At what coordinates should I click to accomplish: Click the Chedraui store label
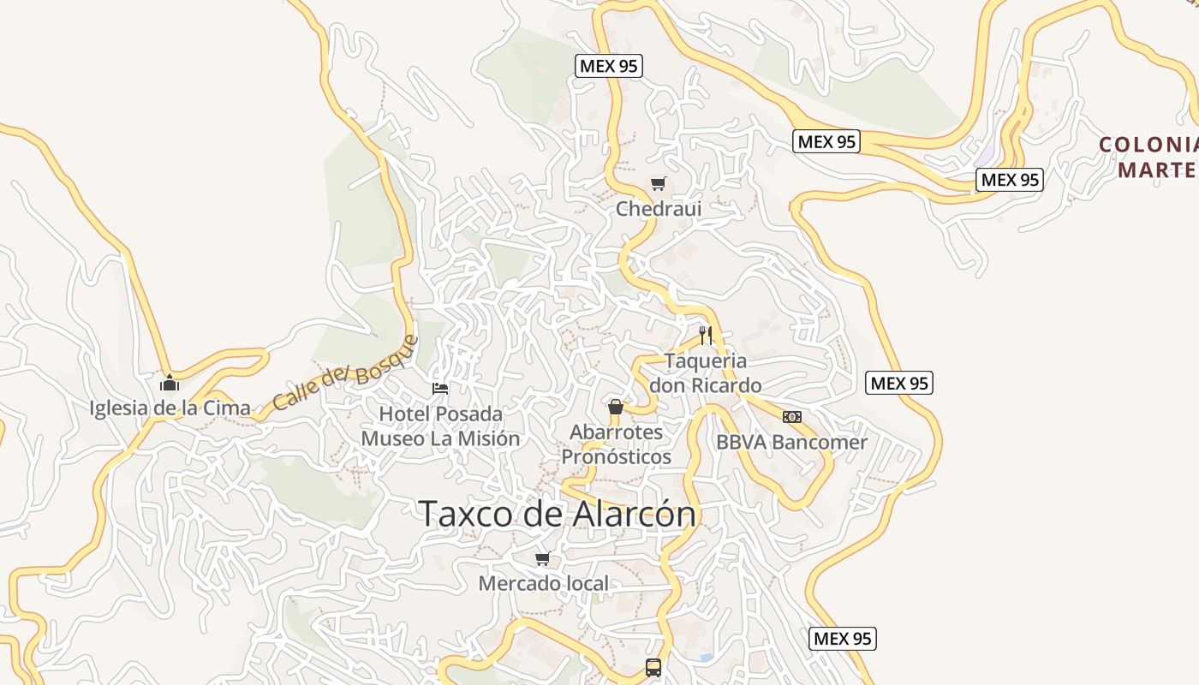[x=659, y=209]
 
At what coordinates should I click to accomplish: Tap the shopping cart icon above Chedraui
[x=658, y=183]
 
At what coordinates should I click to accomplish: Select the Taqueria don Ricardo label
[x=705, y=373]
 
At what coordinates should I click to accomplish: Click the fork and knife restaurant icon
[x=706, y=335]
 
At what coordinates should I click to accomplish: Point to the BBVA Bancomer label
[x=791, y=443]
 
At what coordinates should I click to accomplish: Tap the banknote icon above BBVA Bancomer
[x=792, y=417]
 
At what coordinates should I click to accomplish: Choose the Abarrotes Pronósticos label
[x=616, y=444]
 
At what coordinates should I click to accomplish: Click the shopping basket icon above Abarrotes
[x=615, y=406]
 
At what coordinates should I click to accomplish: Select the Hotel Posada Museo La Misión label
[x=440, y=426]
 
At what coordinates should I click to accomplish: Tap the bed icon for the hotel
[x=440, y=389]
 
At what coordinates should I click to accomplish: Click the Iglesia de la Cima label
[x=170, y=408]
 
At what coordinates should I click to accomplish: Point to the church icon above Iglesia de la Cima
[x=170, y=382]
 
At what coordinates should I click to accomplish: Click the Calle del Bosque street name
[x=345, y=374]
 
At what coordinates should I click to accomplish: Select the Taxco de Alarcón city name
[x=558, y=515]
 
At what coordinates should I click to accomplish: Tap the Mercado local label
[x=544, y=584]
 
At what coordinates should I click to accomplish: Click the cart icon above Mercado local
[x=542, y=559]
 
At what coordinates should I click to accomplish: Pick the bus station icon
[x=653, y=668]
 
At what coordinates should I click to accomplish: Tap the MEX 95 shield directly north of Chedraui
[x=609, y=66]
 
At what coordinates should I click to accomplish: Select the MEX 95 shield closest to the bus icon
[x=843, y=639]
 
